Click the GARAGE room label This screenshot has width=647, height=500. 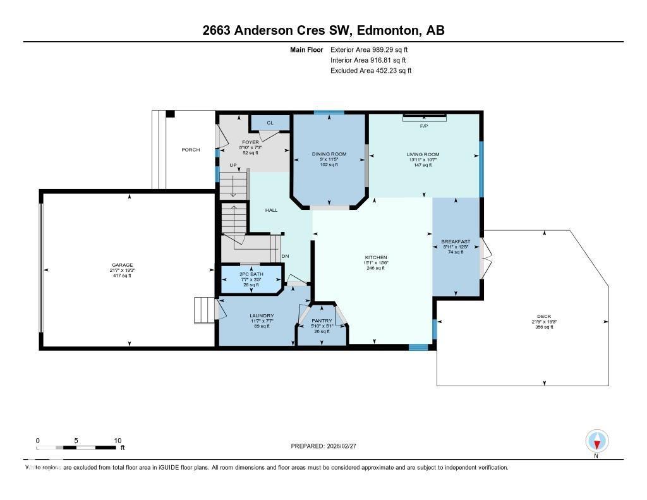pyautogui.click(x=123, y=265)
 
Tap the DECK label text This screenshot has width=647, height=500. pyautogui.click(x=544, y=316)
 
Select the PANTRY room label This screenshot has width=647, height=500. pyautogui.click(x=322, y=321)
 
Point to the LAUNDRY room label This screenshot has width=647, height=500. pyautogui.click(x=262, y=315)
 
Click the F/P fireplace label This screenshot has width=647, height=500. pyautogui.click(x=424, y=126)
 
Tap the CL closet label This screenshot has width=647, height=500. pyautogui.click(x=270, y=123)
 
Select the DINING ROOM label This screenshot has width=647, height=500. pyautogui.click(x=328, y=154)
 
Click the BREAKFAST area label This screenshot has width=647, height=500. pyautogui.click(x=456, y=241)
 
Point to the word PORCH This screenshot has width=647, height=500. pyautogui.click(x=191, y=150)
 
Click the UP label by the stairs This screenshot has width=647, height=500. pyautogui.click(x=233, y=165)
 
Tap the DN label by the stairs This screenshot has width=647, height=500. pyautogui.click(x=285, y=256)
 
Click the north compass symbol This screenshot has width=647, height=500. pyautogui.click(x=596, y=441)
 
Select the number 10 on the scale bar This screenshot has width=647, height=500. pyautogui.click(x=117, y=441)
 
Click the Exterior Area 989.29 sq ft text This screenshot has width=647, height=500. pyautogui.click(x=373, y=49)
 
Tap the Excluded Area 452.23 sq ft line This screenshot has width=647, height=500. pyautogui.click(x=371, y=71)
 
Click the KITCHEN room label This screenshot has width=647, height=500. pyautogui.click(x=375, y=258)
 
